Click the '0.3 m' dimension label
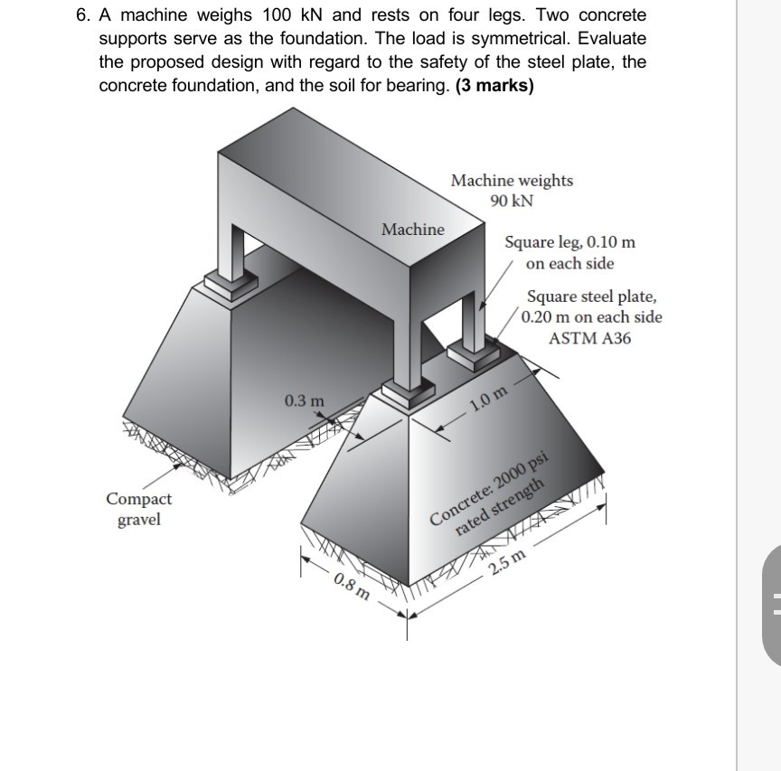[303, 400]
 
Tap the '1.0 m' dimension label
[490, 397]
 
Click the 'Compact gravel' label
[138, 509]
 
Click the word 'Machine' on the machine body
[412, 230]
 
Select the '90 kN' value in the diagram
[512, 201]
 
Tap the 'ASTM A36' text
[589, 339]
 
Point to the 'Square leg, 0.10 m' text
[569, 242]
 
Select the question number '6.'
[84, 15]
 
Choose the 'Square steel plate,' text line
[592, 296]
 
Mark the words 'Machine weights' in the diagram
[512, 180]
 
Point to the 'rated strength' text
[500, 508]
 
